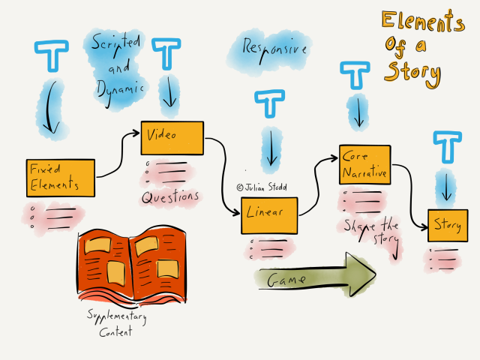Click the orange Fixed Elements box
tap(61, 178)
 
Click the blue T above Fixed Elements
tap(52, 54)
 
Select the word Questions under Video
tap(171, 196)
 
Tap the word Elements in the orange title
tap(422, 22)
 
